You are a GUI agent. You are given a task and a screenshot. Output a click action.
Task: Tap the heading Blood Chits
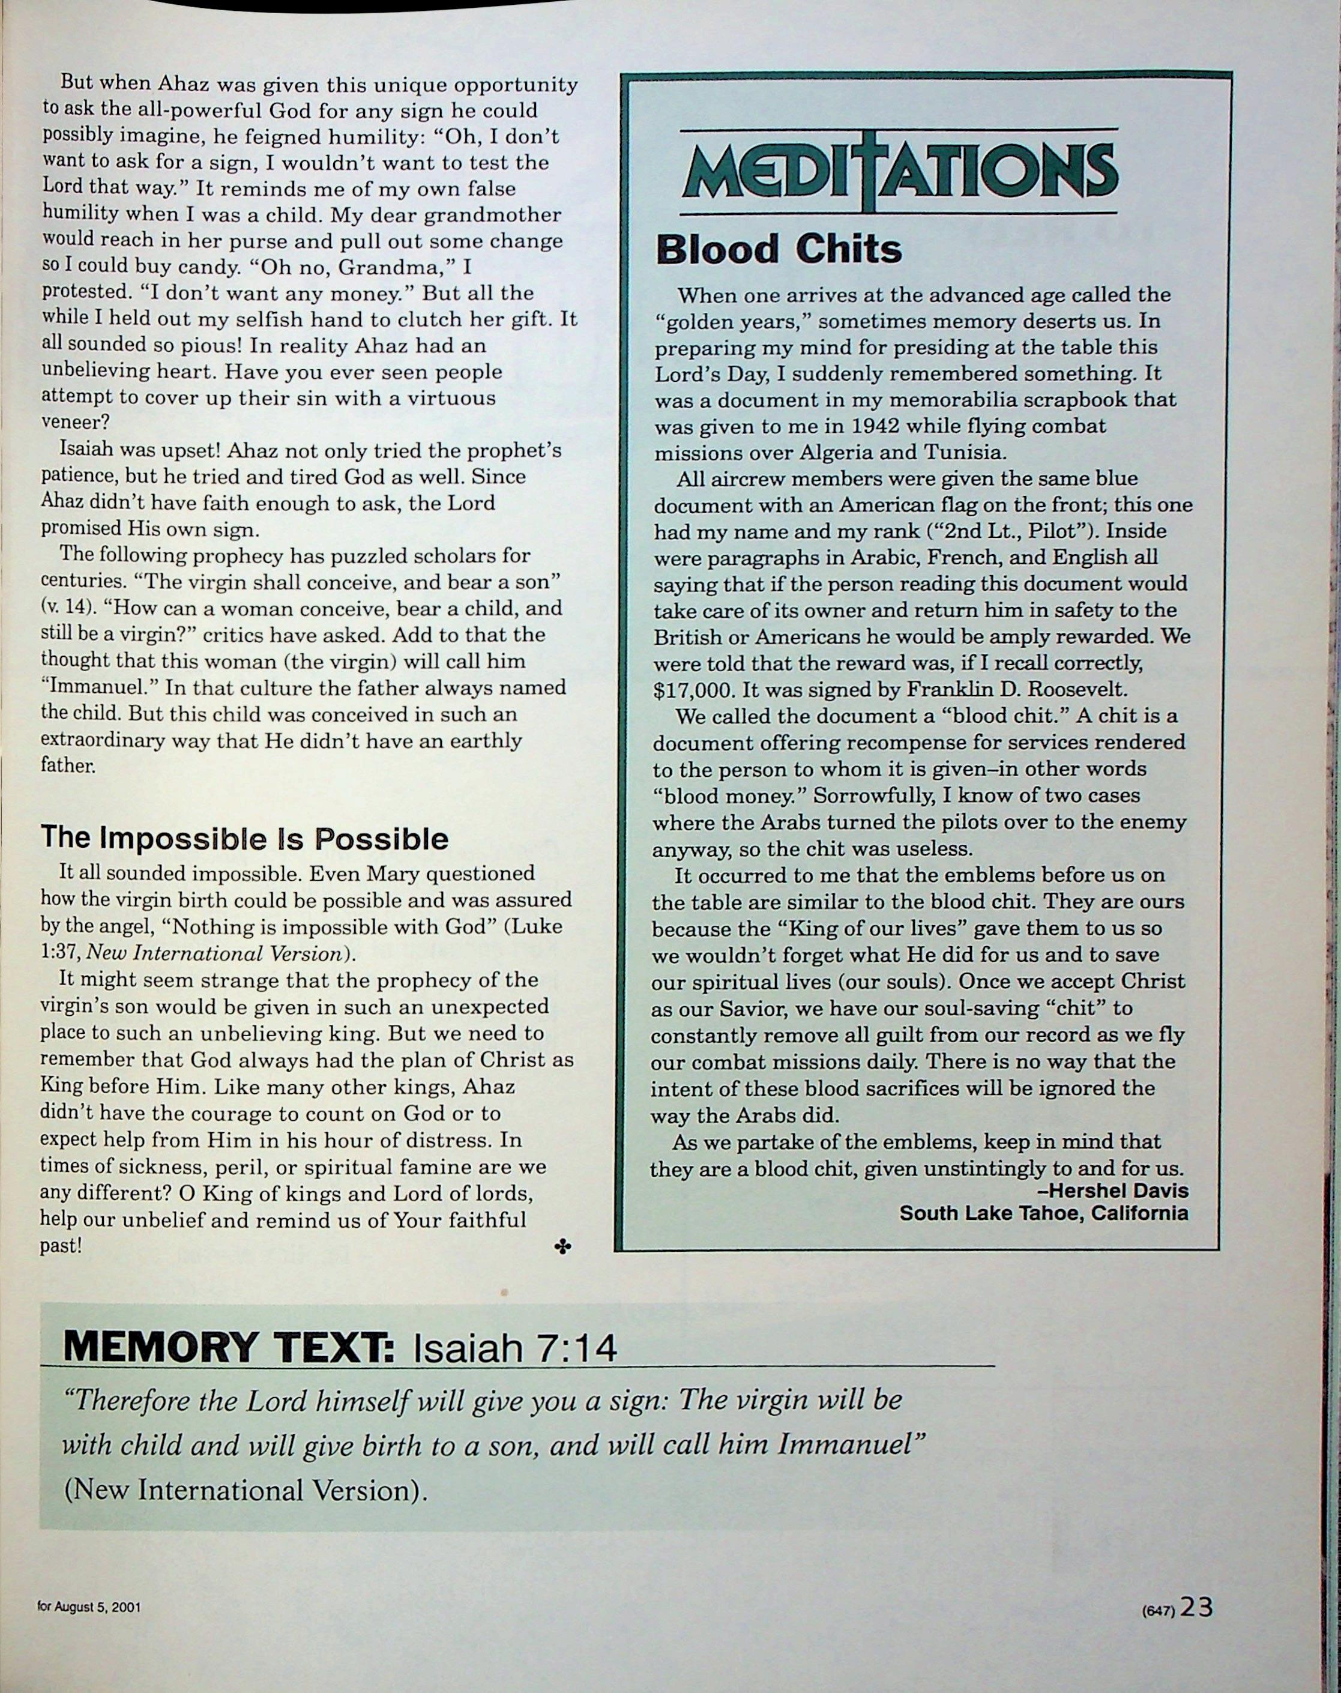pos(778,250)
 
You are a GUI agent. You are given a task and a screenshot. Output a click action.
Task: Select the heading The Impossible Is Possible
pos(244,839)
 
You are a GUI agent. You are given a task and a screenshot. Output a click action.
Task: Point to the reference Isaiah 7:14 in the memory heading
pos(515,1348)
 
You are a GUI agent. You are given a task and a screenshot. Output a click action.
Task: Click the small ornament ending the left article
pos(562,1246)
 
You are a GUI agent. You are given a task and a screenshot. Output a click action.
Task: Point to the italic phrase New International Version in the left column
pos(214,953)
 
